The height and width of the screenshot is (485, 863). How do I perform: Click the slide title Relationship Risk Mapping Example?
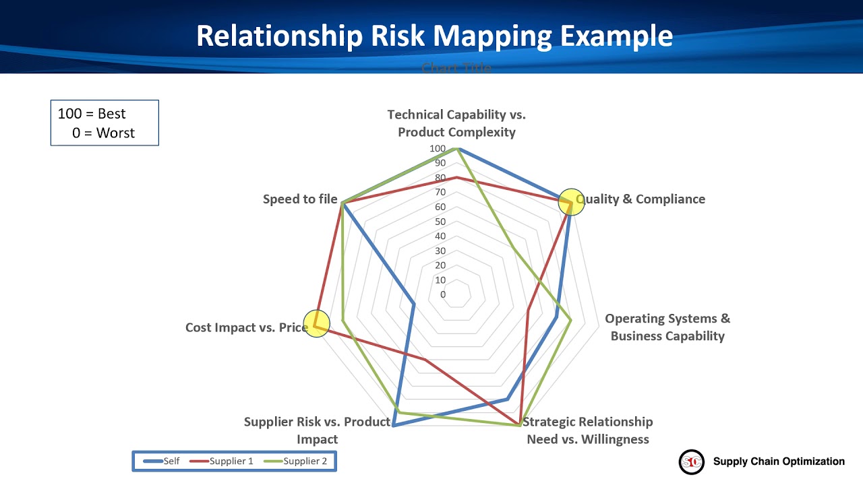[x=434, y=36]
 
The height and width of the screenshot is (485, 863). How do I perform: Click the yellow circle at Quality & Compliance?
[x=571, y=201]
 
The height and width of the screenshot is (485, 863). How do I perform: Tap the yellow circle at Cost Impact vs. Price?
[x=316, y=324]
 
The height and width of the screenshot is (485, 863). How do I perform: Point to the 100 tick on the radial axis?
[x=438, y=148]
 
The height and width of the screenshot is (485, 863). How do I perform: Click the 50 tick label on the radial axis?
[x=440, y=222]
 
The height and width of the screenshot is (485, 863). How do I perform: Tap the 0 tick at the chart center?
[x=443, y=294]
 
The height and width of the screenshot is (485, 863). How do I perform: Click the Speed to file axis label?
[x=300, y=199]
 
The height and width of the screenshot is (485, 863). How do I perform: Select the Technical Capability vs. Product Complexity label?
[x=456, y=123]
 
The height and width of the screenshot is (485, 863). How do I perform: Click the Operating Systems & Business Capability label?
[x=667, y=327]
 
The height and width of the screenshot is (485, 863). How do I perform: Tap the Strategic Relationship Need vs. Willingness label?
[x=587, y=430]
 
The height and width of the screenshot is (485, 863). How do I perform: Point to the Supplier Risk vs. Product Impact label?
[x=317, y=430]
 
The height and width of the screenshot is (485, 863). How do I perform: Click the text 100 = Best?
[x=92, y=114]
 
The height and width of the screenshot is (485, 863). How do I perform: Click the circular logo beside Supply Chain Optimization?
[x=691, y=462]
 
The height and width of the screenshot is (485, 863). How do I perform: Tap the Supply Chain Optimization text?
[x=779, y=461]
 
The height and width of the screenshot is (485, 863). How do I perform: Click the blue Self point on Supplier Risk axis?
[x=394, y=425]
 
